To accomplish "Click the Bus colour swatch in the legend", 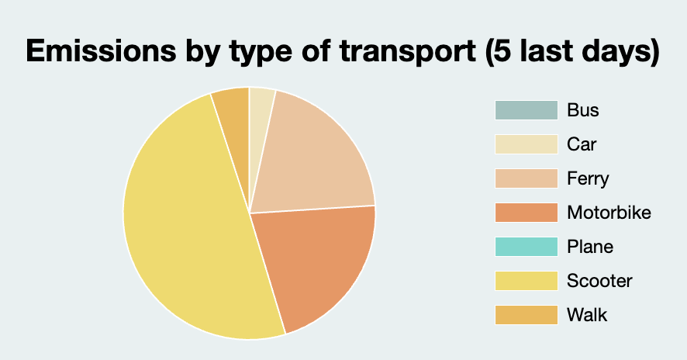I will [x=526, y=110].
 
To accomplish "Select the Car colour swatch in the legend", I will [x=526, y=144].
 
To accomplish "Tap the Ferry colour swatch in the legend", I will [x=526, y=178].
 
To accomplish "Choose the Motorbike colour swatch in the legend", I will [x=526, y=213].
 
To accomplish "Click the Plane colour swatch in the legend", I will [x=526, y=247].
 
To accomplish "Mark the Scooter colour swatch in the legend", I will [x=526, y=281].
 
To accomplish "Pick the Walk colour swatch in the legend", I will [x=526, y=315].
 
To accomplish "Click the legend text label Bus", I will [x=582, y=110].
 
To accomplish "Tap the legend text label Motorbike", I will [x=609, y=213].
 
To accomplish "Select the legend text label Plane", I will [x=590, y=247].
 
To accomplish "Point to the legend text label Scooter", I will [x=599, y=281].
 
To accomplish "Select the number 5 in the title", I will [x=495, y=52].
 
